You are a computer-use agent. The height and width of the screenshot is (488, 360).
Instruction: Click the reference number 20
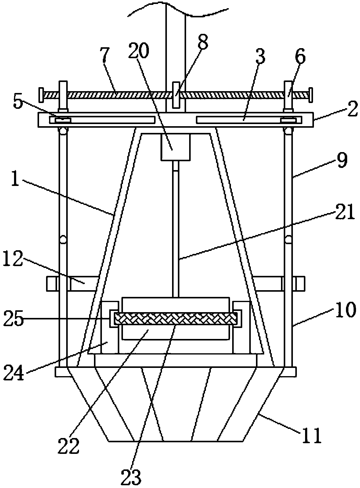[x=139, y=51]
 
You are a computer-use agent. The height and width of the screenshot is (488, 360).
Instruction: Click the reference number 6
[x=300, y=57]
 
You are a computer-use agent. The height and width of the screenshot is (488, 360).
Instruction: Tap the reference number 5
[x=18, y=103]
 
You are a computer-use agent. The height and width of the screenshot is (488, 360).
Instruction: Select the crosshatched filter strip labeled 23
[x=175, y=319]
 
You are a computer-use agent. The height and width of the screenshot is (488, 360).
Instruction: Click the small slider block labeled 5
[x=63, y=120]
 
